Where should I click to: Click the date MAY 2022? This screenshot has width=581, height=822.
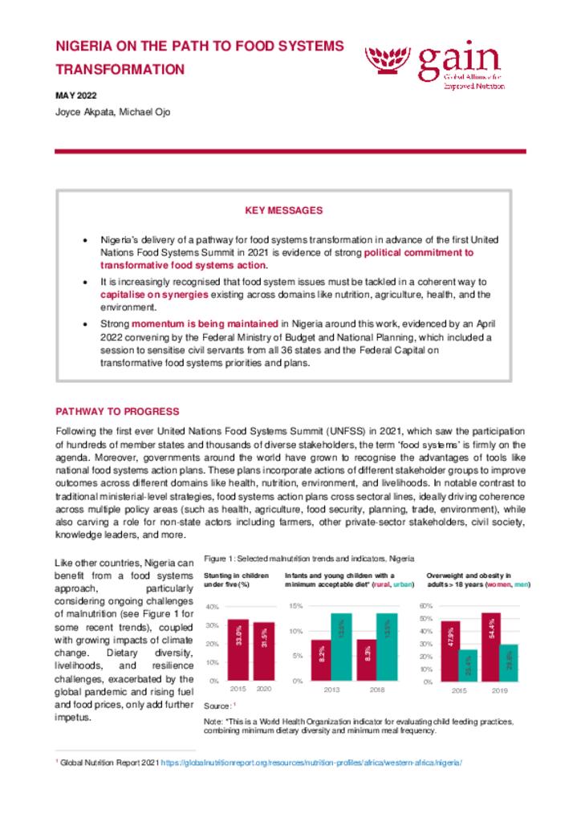tap(76, 96)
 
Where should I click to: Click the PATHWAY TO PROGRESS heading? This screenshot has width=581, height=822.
tap(112, 412)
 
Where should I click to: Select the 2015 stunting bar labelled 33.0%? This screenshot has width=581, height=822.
tap(238, 649)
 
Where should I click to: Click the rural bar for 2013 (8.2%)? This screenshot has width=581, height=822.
tap(321, 660)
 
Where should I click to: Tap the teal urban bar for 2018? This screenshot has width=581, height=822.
tap(387, 647)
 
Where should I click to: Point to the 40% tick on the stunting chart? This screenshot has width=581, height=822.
tap(212, 606)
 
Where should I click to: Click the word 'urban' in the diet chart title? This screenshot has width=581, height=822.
tap(401, 584)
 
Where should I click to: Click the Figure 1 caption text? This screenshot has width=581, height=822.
tap(309, 558)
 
